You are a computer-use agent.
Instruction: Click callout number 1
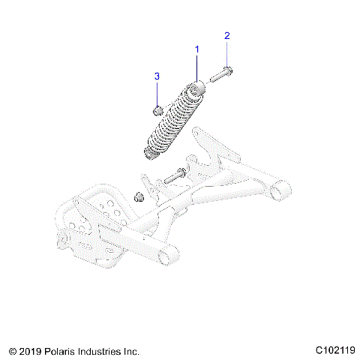tap(197, 49)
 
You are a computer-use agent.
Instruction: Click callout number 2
tap(227, 35)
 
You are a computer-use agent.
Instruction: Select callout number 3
tap(157, 76)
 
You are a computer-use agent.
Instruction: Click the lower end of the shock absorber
tap(152, 153)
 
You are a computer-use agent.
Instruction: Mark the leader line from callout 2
tap(227, 54)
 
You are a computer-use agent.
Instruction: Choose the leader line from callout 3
tap(157, 93)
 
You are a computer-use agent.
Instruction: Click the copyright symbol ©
tap(11, 351)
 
